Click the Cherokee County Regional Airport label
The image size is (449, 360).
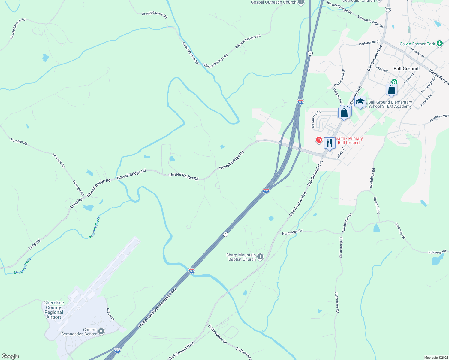point(54,310)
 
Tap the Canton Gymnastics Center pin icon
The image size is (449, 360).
point(101,331)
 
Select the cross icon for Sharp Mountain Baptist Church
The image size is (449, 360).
point(260,257)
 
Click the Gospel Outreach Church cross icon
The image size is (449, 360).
point(301,2)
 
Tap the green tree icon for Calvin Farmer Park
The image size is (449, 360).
point(440,44)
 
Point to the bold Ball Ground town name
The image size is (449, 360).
point(406,69)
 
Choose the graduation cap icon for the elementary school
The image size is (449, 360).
point(360,102)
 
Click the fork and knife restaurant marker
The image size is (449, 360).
point(330,142)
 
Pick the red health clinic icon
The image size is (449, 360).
point(319,140)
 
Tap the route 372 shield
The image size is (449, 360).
point(388,10)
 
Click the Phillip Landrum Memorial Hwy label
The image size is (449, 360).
point(157,308)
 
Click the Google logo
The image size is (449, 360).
point(10,356)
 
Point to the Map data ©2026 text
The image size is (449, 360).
point(435,358)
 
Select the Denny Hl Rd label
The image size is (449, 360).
point(377,205)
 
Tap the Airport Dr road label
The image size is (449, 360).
point(110,314)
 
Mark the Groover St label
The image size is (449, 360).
point(417,53)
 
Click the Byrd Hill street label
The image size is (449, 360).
point(382,69)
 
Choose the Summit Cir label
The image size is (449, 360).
point(426,100)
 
